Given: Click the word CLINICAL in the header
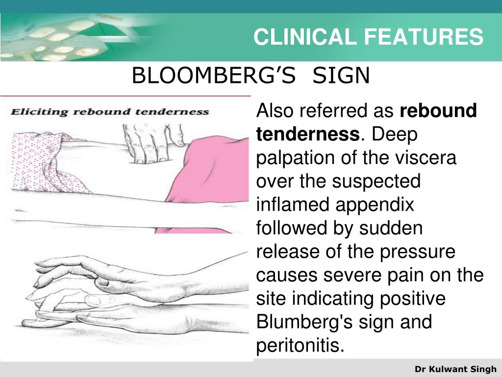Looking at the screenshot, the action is [x=304, y=36].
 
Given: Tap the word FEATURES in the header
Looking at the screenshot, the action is [x=424, y=36].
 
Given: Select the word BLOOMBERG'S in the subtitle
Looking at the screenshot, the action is [x=214, y=76].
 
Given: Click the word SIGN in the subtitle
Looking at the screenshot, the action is [x=341, y=76].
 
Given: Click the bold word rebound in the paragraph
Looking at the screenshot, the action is [x=438, y=110].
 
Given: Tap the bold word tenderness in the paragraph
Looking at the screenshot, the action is [x=308, y=134].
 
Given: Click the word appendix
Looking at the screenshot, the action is [x=375, y=205].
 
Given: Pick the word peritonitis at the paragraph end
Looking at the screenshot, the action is [x=300, y=346].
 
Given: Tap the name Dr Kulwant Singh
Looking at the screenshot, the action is [x=455, y=369].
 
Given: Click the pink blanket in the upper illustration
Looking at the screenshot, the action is [x=208, y=180].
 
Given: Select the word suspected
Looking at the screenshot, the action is [x=376, y=182].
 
